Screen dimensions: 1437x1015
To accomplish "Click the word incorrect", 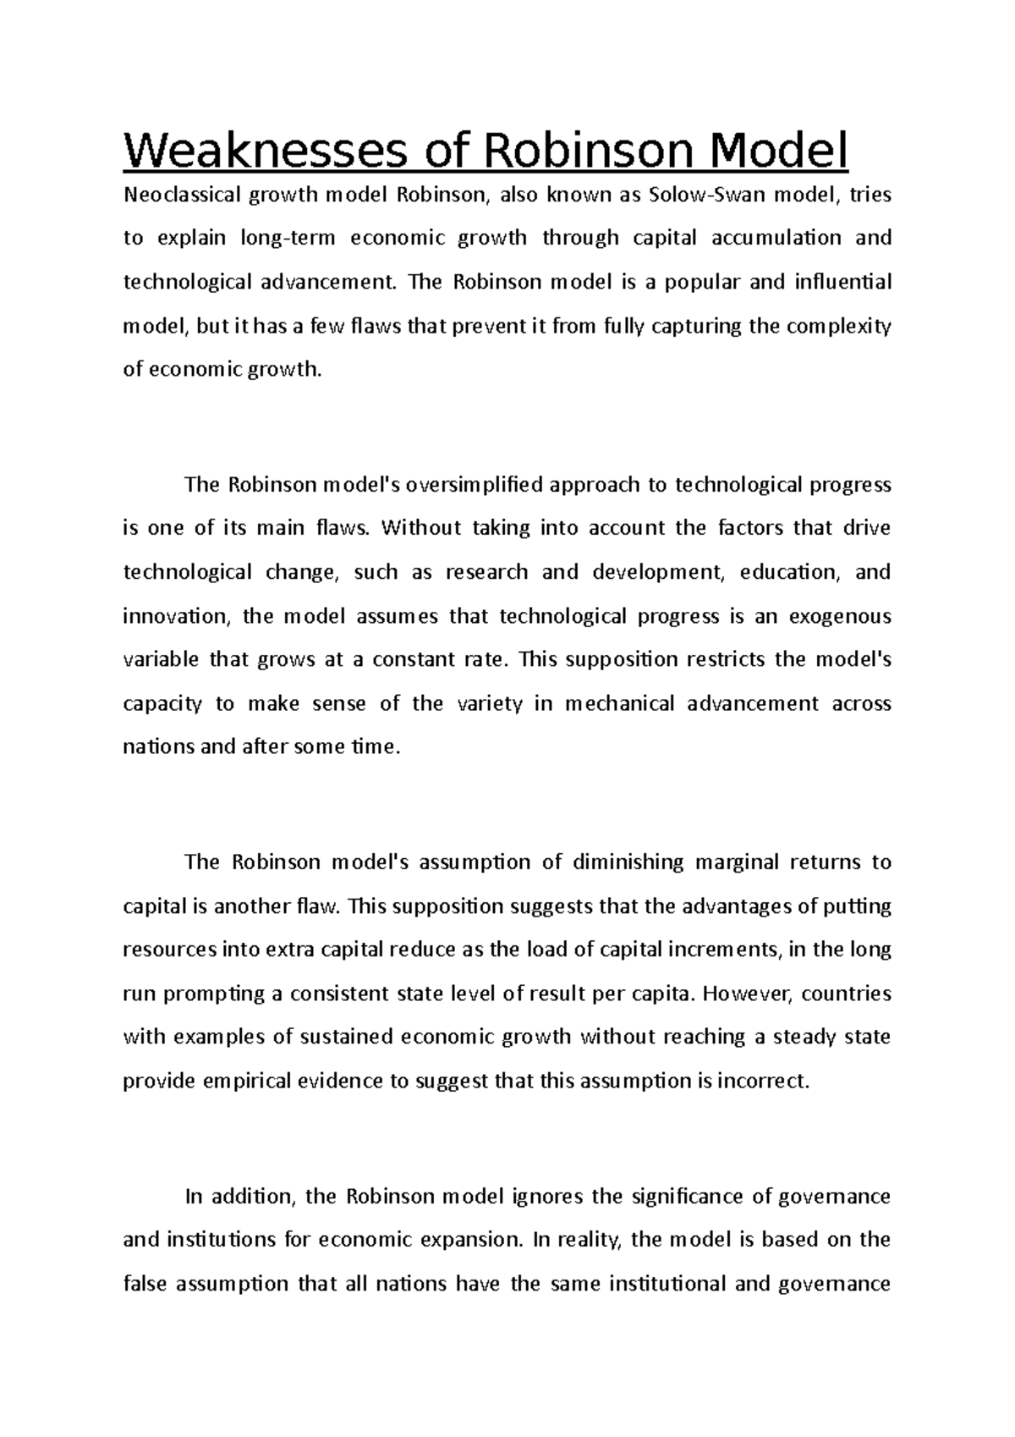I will tap(762, 1081).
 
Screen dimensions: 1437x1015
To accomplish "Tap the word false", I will tap(145, 1285).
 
